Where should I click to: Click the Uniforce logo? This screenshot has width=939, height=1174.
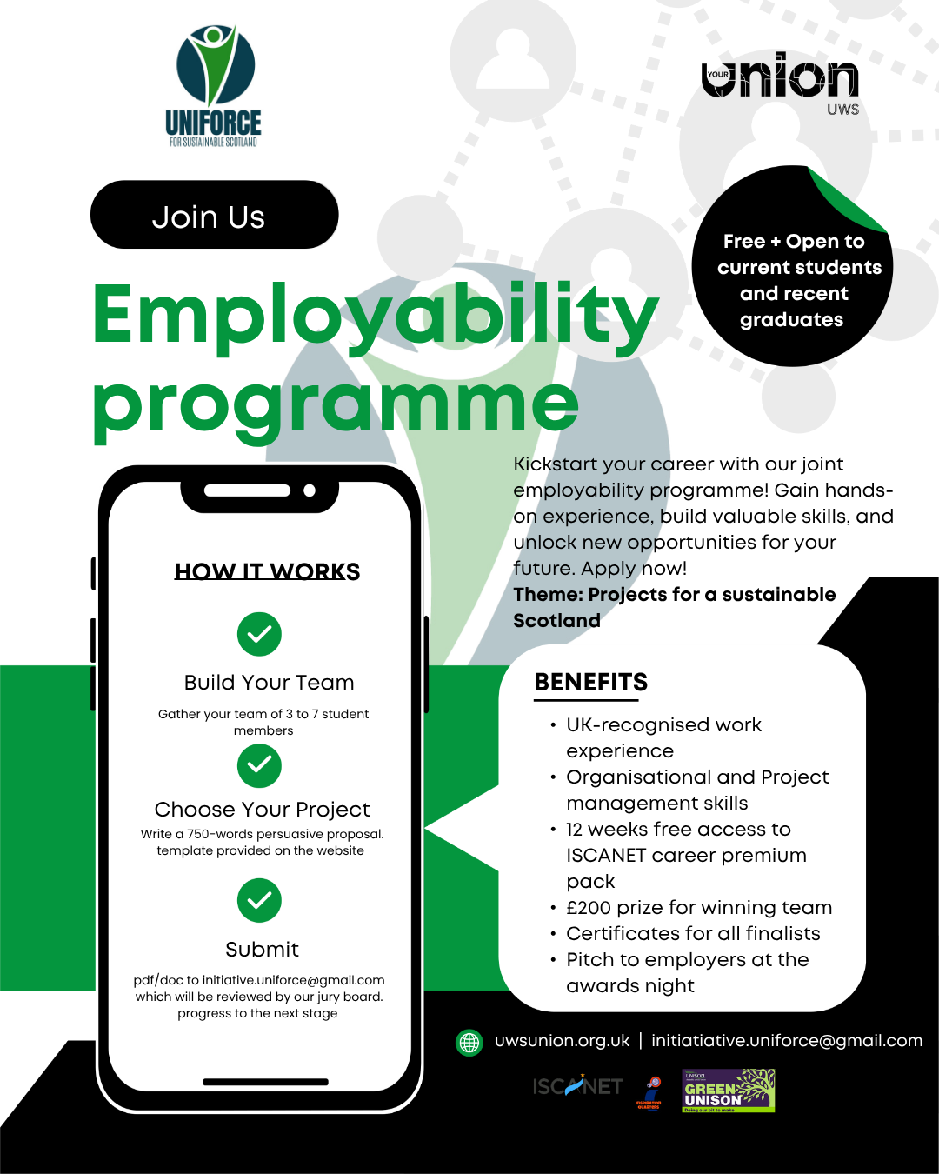pyautogui.click(x=215, y=85)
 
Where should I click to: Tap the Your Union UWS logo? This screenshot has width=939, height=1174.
pyautogui.click(x=780, y=83)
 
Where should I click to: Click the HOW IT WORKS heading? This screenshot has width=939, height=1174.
pyautogui.click(x=267, y=571)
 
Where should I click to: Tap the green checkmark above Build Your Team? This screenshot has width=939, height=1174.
pyautogui.click(x=259, y=634)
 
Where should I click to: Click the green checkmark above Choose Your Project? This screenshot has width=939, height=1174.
pyautogui.click(x=259, y=765)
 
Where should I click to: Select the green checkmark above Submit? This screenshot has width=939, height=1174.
pyautogui.click(x=259, y=900)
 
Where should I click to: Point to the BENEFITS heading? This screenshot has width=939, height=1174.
pyautogui.click(x=591, y=683)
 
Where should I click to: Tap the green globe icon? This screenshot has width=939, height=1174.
pyautogui.click(x=469, y=1042)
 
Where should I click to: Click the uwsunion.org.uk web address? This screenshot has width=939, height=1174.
pyautogui.click(x=562, y=1041)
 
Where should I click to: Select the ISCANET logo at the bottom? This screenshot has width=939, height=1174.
pyautogui.click(x=577, y=1086)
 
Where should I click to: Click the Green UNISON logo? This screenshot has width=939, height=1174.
pyautogui.click(x=728, y=1091)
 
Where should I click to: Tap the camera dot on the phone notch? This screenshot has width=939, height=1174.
pyautogui.click(x=310, y=490)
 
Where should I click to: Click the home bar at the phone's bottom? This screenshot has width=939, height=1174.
pyautogui.click(x=265, y=1082)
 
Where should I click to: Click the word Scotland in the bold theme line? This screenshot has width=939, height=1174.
pyautogui.click(x=556, y=621)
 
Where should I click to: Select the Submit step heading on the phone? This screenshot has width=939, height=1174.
pyautogui.click(x=262, y=950)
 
